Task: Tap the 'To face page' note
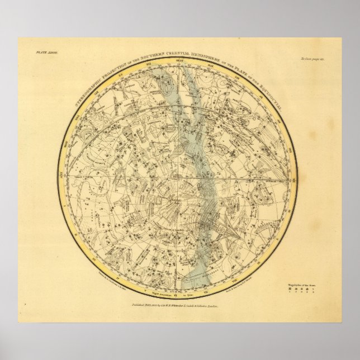click(x=324, y=58)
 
